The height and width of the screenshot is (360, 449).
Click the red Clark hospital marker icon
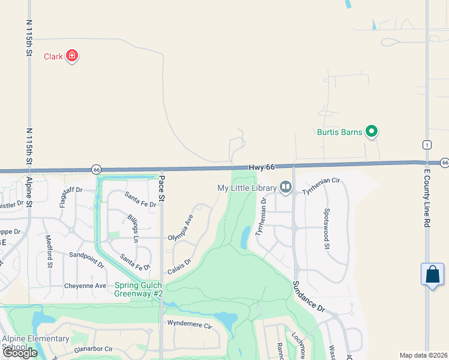click(72, 56)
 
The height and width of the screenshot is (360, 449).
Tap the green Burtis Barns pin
click(372, 131)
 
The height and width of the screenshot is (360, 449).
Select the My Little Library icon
click(285, 188)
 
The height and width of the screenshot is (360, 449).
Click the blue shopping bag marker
click(432, 275)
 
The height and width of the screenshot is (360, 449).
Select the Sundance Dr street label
click(309, 296)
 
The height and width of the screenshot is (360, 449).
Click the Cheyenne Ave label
click(85, 286)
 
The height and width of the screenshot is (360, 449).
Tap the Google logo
click(20, 352)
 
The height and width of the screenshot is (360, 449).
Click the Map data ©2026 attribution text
click(423, 355)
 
